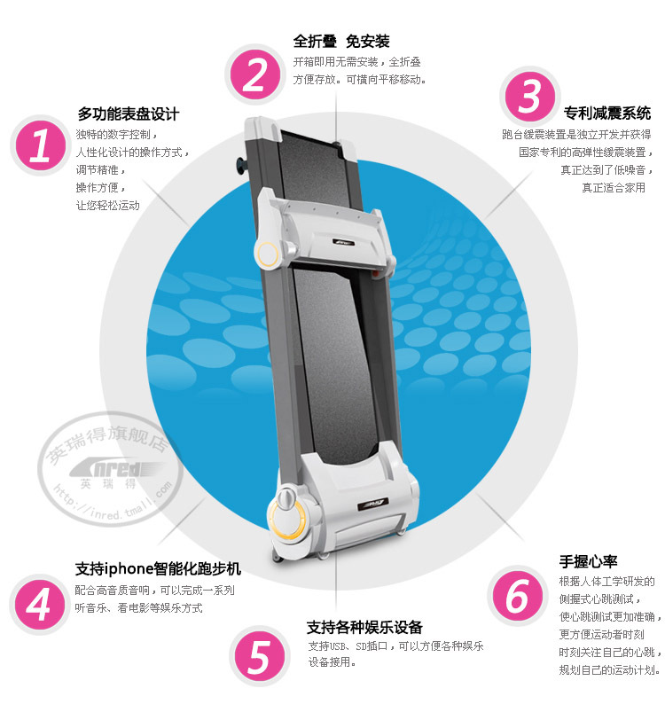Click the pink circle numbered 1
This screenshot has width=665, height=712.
tap(40, 145)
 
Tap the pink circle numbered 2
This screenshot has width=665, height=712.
tap(255, 74)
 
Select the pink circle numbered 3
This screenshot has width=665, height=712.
tap(529, 97)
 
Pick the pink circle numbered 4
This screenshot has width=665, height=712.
tap(40, 604)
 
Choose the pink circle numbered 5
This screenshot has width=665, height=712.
tap(260, 656)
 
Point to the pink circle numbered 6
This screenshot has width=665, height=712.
tap(518, 596)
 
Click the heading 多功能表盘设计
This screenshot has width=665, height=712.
tap(129, 113)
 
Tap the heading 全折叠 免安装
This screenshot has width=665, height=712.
tap(341, 42)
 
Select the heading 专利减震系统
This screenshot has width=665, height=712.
tap(607, 113)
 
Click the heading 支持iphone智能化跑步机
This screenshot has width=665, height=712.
tap(158, 568)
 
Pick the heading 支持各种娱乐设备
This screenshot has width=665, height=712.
tap(364, 627)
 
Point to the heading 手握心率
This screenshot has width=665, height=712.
tap(588, 561)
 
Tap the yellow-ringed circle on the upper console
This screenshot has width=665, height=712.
tap(267, 254)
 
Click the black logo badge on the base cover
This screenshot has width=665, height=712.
tap(373, 504)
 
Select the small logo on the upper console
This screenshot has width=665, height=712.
tap(344, 242)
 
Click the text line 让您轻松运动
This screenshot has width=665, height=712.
tap(108, 205)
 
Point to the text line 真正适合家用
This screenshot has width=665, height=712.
tap(614, 188)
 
